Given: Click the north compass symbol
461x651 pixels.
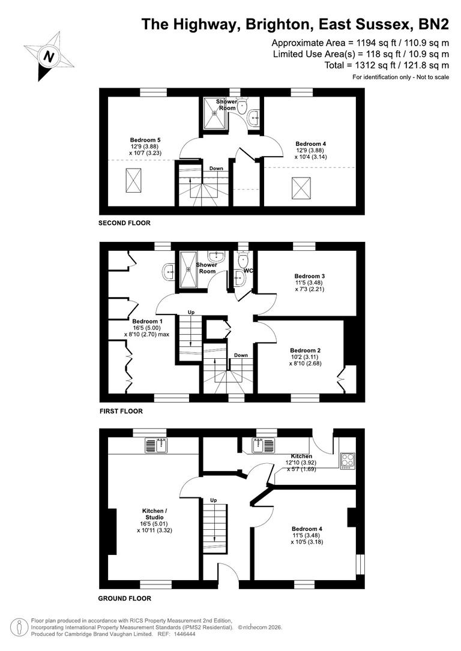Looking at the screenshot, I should click(49, 55).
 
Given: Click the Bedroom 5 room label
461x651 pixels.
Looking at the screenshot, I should click(145, 139).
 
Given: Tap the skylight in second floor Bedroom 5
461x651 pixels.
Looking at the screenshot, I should click(134, 178).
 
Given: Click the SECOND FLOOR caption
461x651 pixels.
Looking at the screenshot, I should click(124, 223).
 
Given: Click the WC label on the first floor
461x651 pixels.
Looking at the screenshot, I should click(249, 271).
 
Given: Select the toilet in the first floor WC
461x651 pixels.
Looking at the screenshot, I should click(243, 260).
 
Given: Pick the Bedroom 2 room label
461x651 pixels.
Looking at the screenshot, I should click(305, 350).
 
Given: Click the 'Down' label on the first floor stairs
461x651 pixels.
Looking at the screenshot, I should click(241, 355).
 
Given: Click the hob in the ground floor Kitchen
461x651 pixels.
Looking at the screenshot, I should click(348, 459).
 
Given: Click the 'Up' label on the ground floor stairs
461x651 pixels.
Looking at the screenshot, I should click(213, 500).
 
